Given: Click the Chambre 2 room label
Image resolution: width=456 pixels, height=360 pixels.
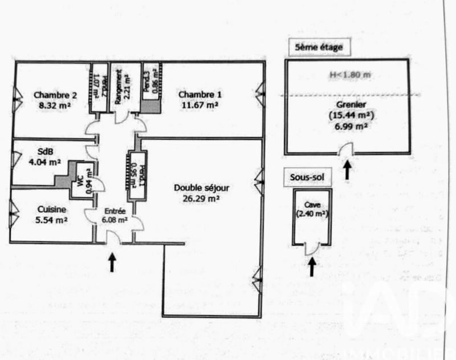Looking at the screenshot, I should tap(51, 95).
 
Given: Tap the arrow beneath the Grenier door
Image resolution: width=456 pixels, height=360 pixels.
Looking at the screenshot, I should tap(347, 169).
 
